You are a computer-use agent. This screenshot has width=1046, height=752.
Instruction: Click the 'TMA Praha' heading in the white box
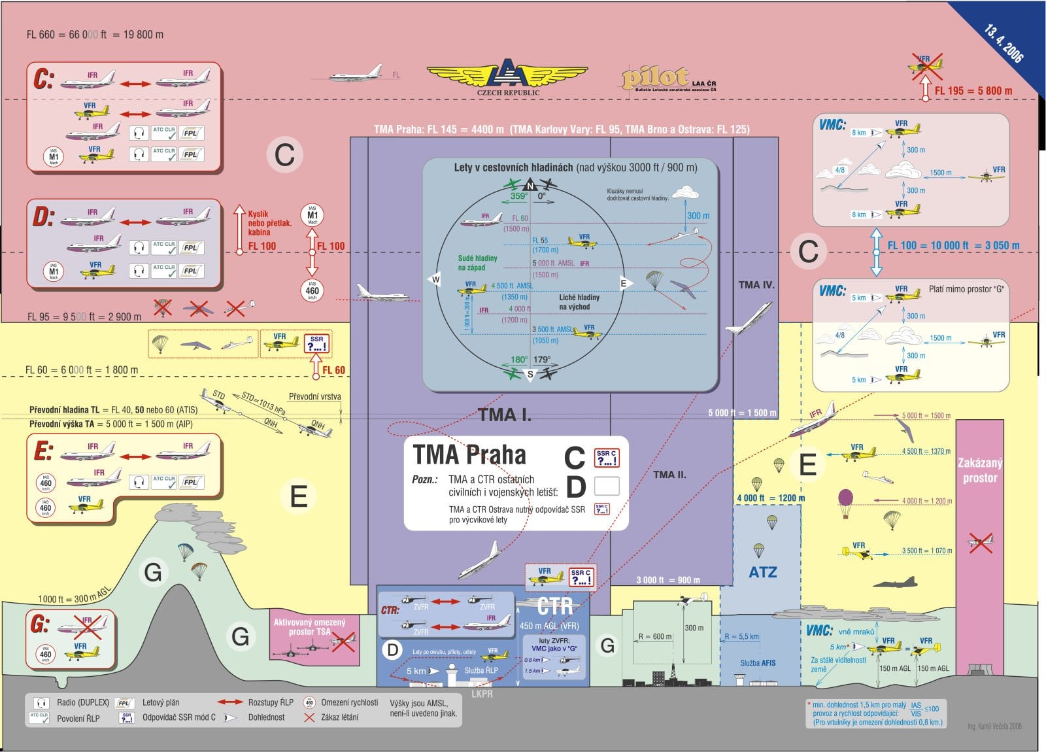tap(469, 454)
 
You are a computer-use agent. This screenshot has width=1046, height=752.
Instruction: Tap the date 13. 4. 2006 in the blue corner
tap(1004, 43)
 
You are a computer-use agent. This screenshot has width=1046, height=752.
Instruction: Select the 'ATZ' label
tap(762, 572)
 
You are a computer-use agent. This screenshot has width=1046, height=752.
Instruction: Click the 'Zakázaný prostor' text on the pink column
tap(979, 470)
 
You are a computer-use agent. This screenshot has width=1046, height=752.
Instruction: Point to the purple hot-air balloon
tap(846, 500)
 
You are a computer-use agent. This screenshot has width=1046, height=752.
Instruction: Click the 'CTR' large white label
tap(554, 606)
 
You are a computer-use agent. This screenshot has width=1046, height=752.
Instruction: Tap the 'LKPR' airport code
tap(482, 693)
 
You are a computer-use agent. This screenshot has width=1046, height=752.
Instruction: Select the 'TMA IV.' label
tap(756, 284)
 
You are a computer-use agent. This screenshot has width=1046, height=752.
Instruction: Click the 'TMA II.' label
tap(669, 475)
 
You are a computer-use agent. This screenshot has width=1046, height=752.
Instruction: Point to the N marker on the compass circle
tap(531, 186)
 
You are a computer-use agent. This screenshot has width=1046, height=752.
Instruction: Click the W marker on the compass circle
tap(435, 280)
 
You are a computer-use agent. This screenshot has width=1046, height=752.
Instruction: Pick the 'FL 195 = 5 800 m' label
tap(973, 91)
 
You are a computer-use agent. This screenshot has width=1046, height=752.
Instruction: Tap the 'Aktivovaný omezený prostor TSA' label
tap(309, 627)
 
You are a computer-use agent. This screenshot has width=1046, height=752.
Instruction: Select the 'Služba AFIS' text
tap(758, 662)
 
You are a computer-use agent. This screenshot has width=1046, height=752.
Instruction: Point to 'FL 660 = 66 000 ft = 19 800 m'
tap(95, 35)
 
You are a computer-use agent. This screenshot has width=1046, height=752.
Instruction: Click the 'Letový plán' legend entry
tap(160, 702)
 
